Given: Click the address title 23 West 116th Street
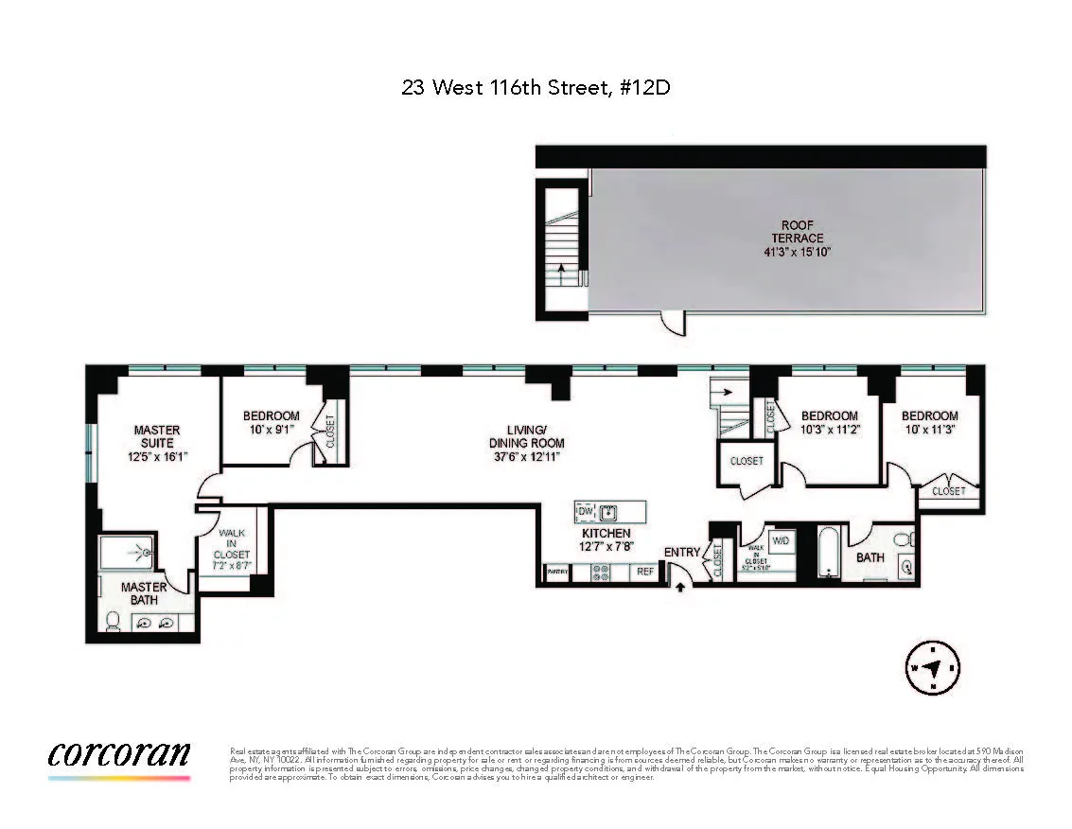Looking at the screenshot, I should pyautogui.click(x=536, y=88).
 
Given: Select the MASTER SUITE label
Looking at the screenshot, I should pyautogui.click(x=157, y=436).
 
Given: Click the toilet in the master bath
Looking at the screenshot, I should pyautogui.click(x=113, y=620).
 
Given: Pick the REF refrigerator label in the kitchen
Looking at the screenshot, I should pyautogui.click(x=644, y=572).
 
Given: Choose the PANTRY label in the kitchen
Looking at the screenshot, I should pyautogui.click(x=558, y=573).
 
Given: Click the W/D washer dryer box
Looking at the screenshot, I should pyautogui.click(x=782, y=540).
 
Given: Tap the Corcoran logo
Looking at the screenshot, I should pyautogui.click(x=119, y=754).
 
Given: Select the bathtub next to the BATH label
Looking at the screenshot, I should pyautogui.click(x=829, y=554).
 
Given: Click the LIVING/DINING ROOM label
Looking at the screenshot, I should pyautogui.click(x=526, y=436).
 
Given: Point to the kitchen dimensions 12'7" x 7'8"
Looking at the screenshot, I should pyautogui.click(x=606, y=546).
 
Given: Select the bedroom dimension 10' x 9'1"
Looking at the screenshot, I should pyautogui.click(x=271, y=428).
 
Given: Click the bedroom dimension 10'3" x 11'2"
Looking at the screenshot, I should pyautogui.click(x=830, y=428).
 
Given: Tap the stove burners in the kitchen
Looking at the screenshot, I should pyautogui.click(x=601, y=572).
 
